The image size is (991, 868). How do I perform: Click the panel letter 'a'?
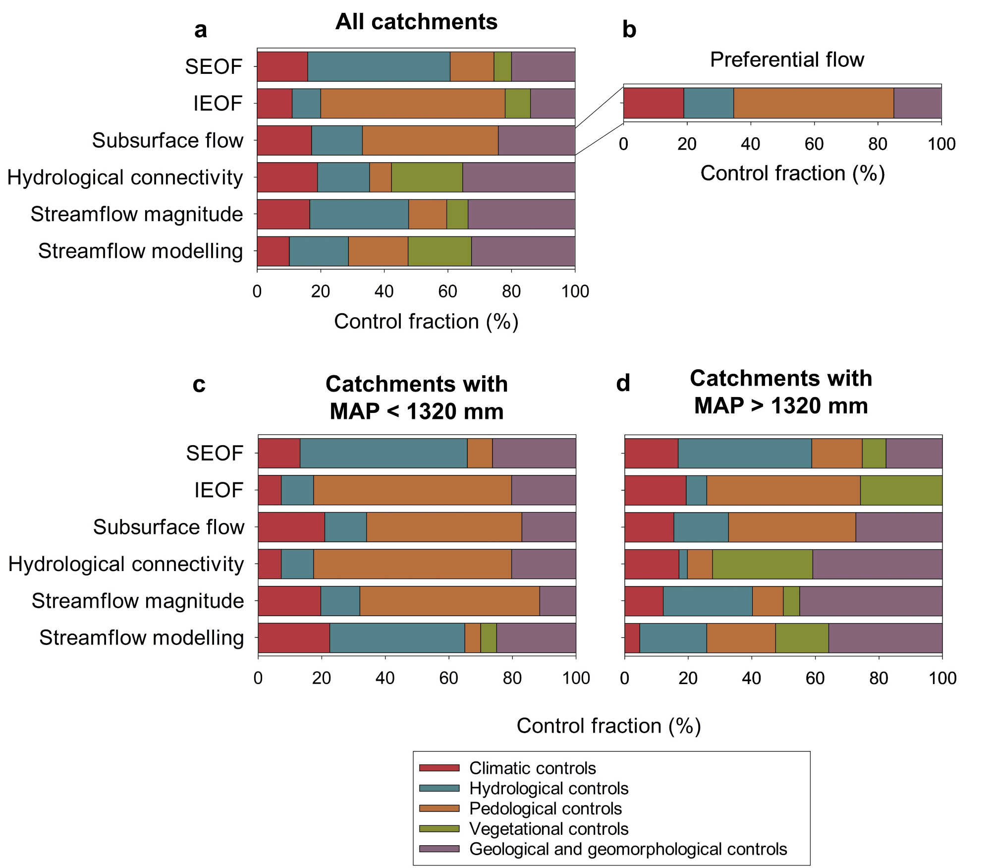pyautogui.click(x=200, y=30)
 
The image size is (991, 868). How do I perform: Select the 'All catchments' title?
pyautogui.click(x=416, y=22)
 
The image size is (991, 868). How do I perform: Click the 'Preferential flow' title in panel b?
pyautogui.click(x=787, y=59)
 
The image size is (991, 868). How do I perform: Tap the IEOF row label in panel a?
pyautogui.click(x=218, y=104)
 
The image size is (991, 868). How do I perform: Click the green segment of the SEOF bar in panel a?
pyautogui.click(x=502, y=66)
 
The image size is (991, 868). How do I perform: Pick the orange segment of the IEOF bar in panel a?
pyautogui.click(x=413, y=104)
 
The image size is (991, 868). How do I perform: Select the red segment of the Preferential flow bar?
pyautogui.click(x=654, y=103)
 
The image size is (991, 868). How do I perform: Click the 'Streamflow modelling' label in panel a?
pyautogui.click(x=140, y=251)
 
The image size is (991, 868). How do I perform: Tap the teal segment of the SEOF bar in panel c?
pyautogui.click(x=384, y=453)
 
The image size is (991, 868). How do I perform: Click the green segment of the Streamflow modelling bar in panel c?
pyautogui.click(x=489, y=638)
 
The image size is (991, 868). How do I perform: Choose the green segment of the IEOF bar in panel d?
pyautogui.click(x=901, y=490)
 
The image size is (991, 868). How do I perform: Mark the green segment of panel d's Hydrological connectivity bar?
pyautogui.click(x=763, y=564)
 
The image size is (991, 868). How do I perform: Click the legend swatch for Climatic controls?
pyautogui.click(x=439, y=768)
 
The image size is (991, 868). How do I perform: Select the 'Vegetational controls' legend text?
pyautogui.click(x=549, y=829)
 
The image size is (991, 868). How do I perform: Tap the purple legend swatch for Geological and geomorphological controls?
pyautogui.click(x=439, y=849)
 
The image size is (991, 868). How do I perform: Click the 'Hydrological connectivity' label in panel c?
pyautogui.click(x=126, y=564)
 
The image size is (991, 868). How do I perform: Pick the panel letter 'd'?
pyautogui.click(x=623, y=384)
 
